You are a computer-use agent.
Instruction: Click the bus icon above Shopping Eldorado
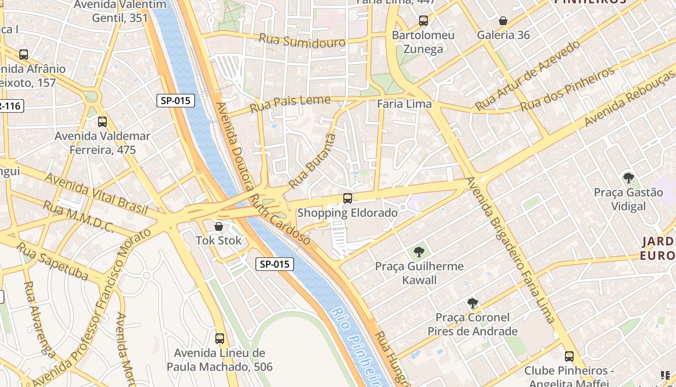point(347,198)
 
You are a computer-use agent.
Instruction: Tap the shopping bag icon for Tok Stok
point(219,226)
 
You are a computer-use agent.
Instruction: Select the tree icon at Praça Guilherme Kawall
point(419,252)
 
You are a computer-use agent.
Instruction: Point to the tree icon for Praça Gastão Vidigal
point(628,178)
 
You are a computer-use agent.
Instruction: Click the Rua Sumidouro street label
point(302,41)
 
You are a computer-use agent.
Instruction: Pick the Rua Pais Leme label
point(290,104)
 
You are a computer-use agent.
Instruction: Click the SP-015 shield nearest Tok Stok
point(274,264)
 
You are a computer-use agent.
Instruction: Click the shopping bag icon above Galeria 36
point(503,21)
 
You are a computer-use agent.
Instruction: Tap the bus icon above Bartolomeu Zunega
point(423,21)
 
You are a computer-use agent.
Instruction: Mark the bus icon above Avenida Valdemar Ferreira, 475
point(102,122)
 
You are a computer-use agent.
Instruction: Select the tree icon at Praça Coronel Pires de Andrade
point(472,303)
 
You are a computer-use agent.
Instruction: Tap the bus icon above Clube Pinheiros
point(569,357)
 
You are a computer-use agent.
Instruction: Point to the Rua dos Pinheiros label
point(567,89)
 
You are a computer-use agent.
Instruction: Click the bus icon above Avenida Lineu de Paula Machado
point(220,339)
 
